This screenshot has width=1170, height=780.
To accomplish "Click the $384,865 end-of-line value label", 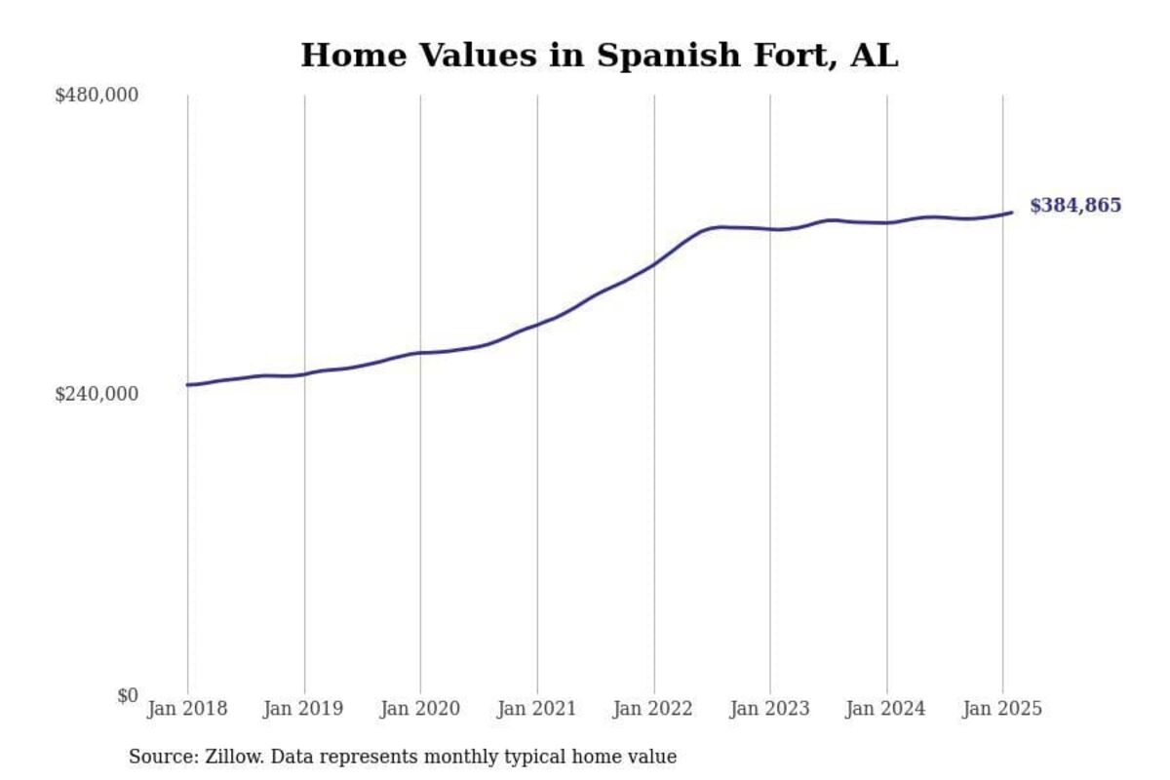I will (1075, 206).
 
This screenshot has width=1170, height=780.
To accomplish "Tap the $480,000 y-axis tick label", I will (97, 96).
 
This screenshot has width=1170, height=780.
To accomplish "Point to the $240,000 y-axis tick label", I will (97, 394).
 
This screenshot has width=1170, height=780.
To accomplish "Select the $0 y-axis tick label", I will (128, 695).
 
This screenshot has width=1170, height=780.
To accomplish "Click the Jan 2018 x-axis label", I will (187, 709).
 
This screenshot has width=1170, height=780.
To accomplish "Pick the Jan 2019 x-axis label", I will (303, 709).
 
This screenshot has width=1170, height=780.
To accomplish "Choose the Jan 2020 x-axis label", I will (420, 709).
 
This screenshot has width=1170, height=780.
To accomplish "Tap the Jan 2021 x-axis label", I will (536, 709).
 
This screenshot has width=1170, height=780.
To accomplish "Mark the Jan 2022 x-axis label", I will (653, 709).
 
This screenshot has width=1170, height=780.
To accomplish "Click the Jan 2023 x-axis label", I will (769, 709).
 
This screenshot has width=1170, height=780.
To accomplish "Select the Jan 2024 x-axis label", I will (886, 709).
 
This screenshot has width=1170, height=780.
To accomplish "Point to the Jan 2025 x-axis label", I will (1002, 709).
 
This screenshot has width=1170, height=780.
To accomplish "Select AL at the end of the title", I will (875, 56).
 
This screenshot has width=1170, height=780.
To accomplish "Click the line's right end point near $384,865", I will (1012, 212).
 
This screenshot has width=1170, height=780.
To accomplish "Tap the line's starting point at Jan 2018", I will (187, 385).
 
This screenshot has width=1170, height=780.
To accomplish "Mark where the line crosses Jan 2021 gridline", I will (537, 324).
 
